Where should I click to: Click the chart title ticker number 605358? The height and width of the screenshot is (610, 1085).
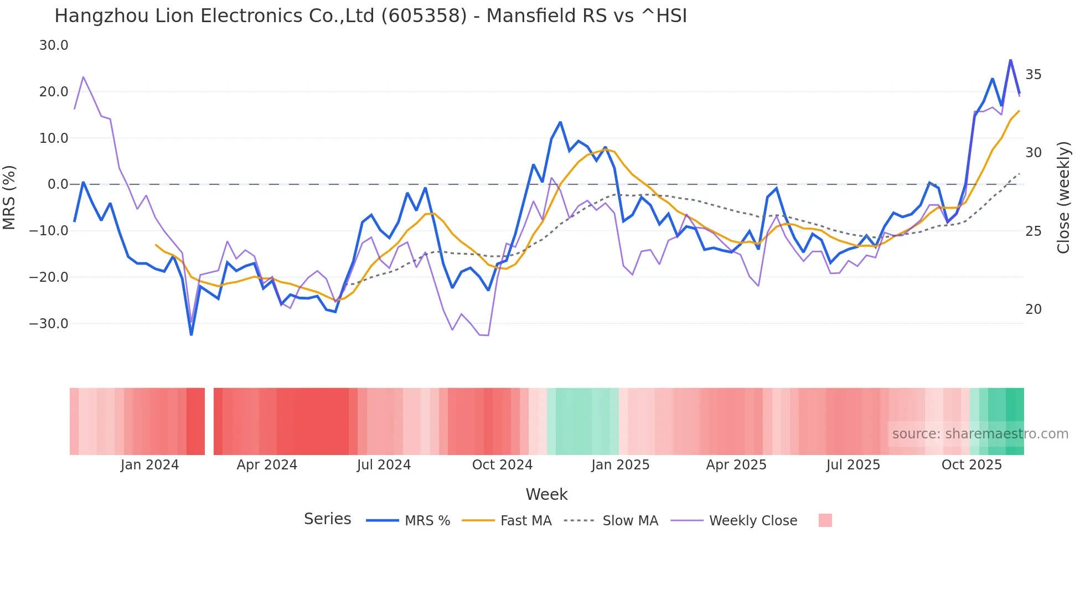tap(423, 16)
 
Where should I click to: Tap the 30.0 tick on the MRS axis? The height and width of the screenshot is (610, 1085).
tap(54, 45)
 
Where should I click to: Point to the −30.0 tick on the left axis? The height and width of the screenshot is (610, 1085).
tap(49, 323)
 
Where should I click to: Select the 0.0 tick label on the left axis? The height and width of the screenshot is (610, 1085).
tap(58, 184)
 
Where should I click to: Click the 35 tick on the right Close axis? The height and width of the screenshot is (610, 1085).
tap(1033, 74)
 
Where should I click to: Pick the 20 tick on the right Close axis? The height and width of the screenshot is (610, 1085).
tap(1033, 309)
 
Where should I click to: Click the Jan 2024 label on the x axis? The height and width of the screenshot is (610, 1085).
tap(149, 465)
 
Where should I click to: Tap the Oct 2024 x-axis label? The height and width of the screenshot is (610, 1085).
tap(502, 465)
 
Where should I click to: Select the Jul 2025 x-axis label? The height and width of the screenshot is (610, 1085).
tap(853, 465)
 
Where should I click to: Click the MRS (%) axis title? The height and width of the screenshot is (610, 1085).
tap(9, 198)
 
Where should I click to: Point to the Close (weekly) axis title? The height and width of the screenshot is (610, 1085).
tap(1063, 198)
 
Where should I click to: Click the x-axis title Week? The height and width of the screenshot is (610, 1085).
tap(546, 494)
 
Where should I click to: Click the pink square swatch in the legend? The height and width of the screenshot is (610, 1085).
tap(825, 520)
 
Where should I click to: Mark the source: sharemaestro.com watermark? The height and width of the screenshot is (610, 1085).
tap(980, 434)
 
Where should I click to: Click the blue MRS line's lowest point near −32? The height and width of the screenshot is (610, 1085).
tap(192, 334)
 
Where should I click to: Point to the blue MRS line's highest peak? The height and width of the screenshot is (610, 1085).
tap(1010, 60)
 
